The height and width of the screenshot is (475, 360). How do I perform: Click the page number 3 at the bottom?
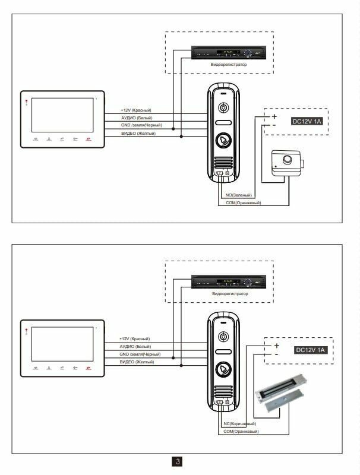(178, 461)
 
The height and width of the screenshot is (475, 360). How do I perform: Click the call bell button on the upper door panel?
(223, 143)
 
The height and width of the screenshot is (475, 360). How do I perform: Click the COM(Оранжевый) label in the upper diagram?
(243, 203)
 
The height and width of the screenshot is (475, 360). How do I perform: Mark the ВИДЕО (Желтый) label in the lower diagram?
(137, 362)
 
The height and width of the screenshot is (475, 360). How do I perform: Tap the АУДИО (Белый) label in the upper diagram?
(136, 118)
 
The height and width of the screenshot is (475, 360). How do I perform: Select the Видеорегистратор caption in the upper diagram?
(229, 64)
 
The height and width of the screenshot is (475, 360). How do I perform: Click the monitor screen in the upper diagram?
(62, 116)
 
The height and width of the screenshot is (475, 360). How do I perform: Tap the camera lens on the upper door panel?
(223, 109)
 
